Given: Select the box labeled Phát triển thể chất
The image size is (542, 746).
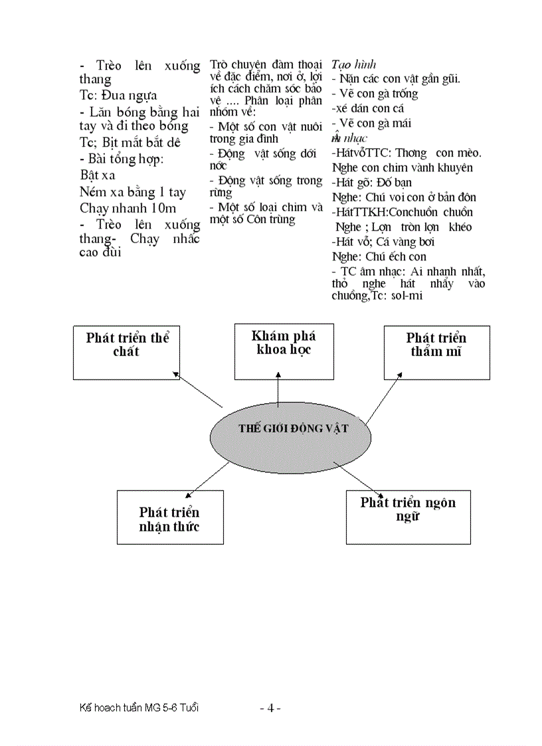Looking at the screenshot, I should point(126,352).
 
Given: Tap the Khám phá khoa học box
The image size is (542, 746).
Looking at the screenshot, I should point(284,351).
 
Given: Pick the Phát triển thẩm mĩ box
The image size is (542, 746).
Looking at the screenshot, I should point(436,353).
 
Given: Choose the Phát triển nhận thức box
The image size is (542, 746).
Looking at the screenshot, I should point(169,517).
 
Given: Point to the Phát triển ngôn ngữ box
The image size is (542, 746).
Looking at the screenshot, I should point(408,517).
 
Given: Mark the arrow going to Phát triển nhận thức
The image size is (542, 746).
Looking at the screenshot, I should point(207,479).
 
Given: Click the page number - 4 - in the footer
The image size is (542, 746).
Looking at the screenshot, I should point(270,708).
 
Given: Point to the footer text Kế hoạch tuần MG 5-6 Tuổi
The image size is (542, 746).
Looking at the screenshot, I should point(138,708).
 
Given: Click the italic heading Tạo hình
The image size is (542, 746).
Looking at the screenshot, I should point(354,64).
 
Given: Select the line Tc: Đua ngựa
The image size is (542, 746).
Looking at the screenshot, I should point(118,95).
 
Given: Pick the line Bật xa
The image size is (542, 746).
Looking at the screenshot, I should point(97,175).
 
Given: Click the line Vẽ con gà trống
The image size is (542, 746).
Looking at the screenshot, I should point(378,94).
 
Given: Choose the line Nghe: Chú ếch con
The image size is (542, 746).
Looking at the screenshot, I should point(379,256).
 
